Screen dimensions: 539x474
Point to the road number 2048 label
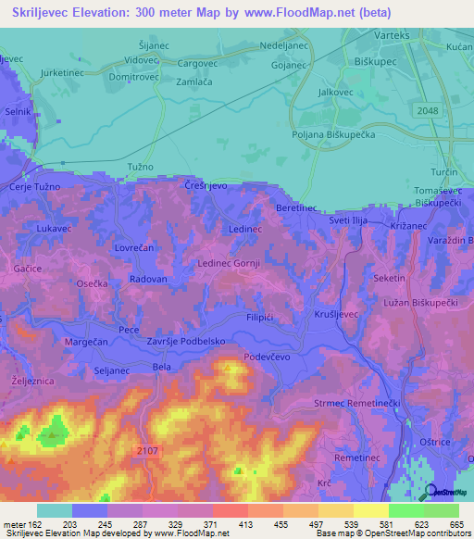427,111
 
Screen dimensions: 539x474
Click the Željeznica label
29,381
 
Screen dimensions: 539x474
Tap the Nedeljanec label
283,44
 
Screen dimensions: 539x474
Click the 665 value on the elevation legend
455,523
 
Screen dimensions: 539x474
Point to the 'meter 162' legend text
21,523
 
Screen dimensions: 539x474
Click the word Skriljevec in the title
56,12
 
